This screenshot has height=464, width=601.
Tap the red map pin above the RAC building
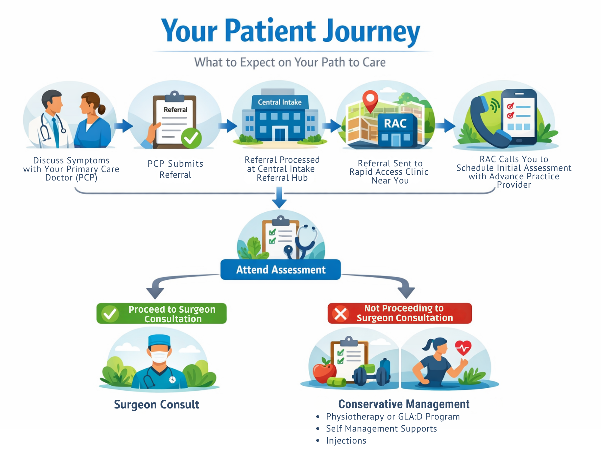pos(370,100)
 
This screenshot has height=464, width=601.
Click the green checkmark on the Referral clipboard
pos(191,138)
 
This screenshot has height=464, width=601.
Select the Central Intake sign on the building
pos(280,102)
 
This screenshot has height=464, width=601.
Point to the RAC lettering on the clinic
pos(395,123)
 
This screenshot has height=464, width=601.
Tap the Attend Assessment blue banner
pos(281,270)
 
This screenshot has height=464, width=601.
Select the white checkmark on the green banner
pos(110,314)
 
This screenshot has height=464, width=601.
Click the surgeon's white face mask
pos(159,356)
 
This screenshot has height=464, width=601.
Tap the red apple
pos(324,371)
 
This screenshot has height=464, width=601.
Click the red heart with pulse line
pos(463,348)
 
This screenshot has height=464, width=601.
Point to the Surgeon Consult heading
pos(157,405)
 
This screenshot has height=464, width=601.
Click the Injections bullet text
pos(346,441)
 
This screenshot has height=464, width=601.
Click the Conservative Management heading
pos(404,404)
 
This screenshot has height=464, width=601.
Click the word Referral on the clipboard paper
pos(175,110)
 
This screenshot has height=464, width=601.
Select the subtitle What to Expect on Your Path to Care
pos(290,62)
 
